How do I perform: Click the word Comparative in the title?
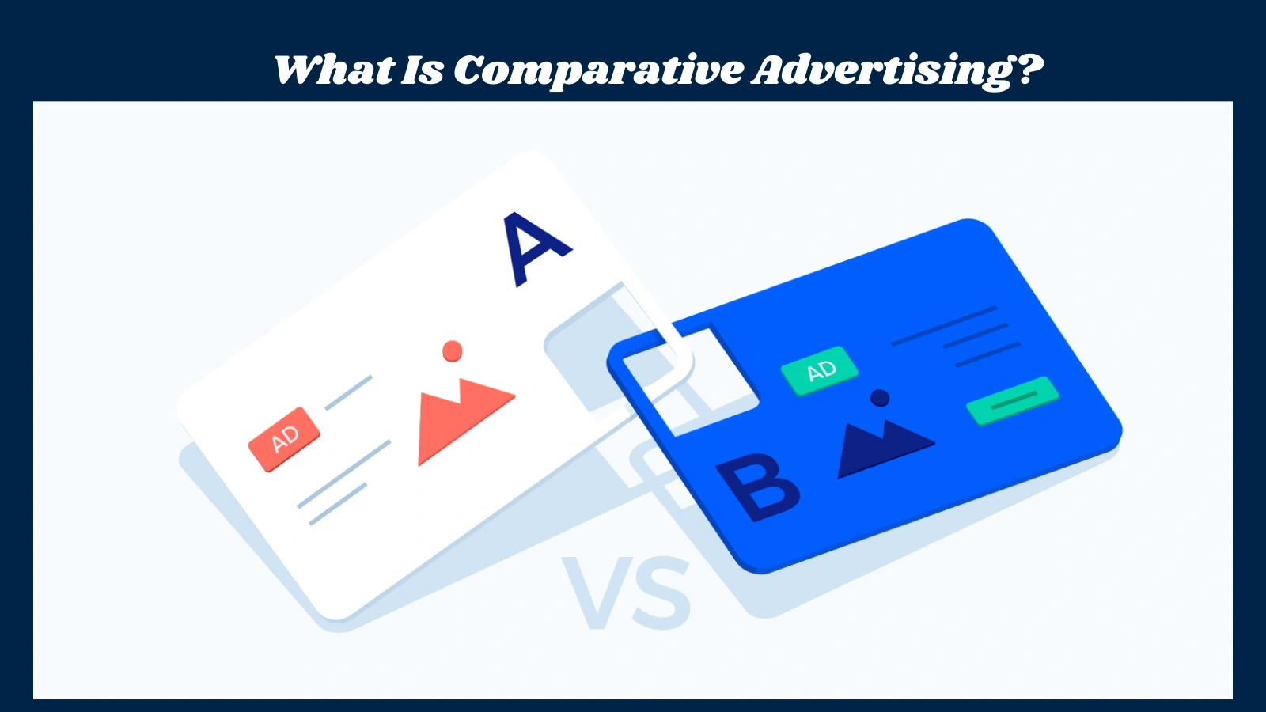pyautogui.click(x=598, y=70)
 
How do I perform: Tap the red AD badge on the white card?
pyautogui.click(x=284, y=439)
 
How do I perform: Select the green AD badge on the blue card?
pyautogui.click(x=820, y=370)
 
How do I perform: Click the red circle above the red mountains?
pyautogui.click(x=453, y=351)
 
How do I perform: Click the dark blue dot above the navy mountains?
pyautogui.click(x=879, y=397)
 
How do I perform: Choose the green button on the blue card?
pyautogui.click(x=1012, y=400)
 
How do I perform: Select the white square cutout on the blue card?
pyautogui.click(x=688, y=380)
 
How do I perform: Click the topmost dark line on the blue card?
pyautogui.click(x=943, y=326)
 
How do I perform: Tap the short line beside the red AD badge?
pyautogui.click(x=348, y=393)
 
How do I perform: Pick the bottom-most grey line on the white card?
pyautogui.click(x=338, y=504)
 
